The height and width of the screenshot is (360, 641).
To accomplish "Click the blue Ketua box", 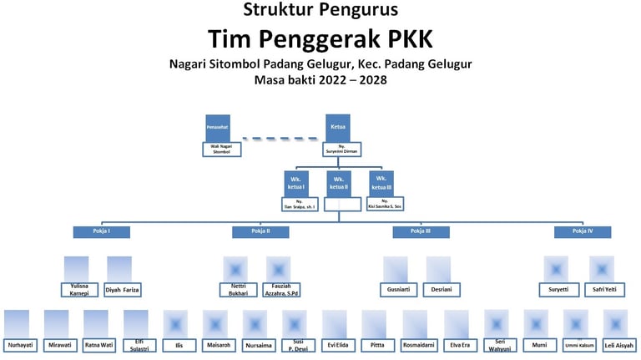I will (338, 127).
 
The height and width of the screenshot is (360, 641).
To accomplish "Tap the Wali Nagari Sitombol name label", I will (220, 150).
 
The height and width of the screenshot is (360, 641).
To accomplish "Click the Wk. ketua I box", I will (295, 183).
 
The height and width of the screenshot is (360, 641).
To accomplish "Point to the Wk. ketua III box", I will (381, 183).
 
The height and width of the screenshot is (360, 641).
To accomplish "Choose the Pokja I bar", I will (101, 231).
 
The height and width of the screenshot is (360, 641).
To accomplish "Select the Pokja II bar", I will (260, 231).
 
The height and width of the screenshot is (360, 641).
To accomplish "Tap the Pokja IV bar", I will (582, 231).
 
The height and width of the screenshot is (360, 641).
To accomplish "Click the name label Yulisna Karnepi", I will (80, 290).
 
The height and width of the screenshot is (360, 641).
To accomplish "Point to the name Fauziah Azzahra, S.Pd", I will (280, 290).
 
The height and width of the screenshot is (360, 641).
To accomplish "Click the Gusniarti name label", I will (398, 290).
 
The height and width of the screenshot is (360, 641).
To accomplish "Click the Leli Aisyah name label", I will (618, 344).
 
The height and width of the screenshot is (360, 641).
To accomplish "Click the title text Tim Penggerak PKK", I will (320, 38).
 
